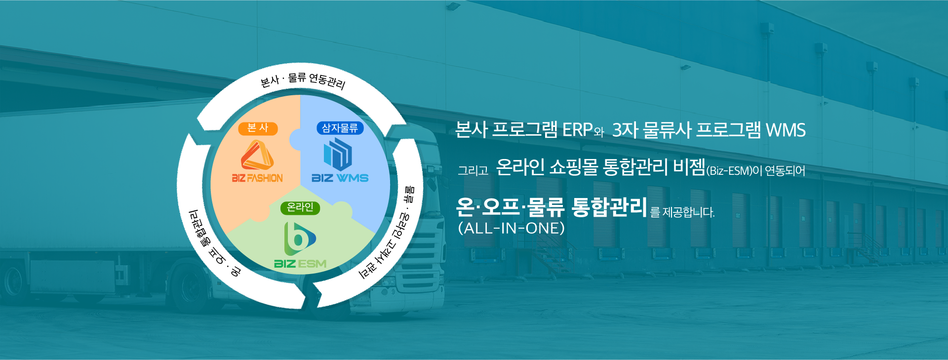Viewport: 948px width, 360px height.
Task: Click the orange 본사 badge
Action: (x=258, y=128)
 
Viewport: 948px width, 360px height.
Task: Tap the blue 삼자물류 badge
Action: (x=340, y=128)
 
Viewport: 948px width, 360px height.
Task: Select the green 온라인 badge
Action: (x=300, y=207)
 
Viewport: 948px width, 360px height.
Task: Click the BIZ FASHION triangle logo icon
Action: (x=257, y=155)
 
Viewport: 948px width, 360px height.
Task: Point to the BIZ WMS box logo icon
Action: (x=338, y=154)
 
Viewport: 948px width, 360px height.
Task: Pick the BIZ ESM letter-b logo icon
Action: (x=300, y=239)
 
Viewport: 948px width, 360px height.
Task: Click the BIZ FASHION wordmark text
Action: (x=257, y=178)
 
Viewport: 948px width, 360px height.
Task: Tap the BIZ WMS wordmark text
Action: (x=340, y=178)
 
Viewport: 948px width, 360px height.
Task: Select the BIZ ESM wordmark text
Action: (x=300, y=264)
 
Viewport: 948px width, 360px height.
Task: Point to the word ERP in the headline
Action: (x=577, y=130)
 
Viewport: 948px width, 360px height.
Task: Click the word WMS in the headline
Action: (x=786, y=130)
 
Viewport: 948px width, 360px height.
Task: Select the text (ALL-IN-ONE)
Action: (x=512, y=228)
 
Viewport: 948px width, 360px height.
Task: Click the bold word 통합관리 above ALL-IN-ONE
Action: (x=609, y=206)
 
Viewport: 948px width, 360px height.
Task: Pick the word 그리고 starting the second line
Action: (x=473, y=171)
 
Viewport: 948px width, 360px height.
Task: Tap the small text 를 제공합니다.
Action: (x=682, y=212)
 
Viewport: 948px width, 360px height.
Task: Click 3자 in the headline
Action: (x=625, y=130)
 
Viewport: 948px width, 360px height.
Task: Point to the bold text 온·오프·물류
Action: (x=511, y=207)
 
